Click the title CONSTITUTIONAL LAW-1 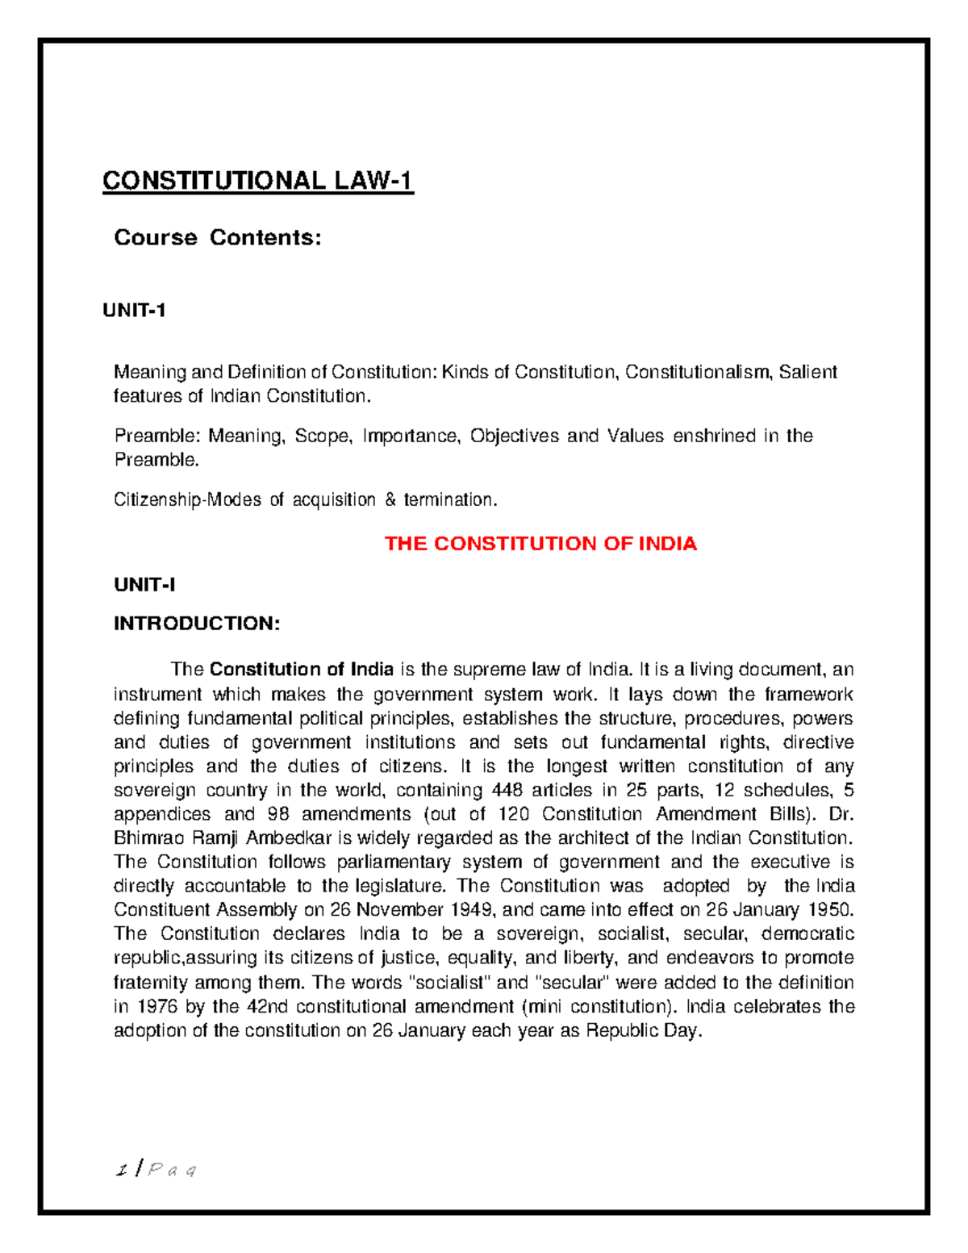[x=257, y=181]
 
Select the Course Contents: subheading [x=218, y=238]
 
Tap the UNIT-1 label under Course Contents [x=134, y=311]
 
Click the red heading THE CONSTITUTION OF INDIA [x=540, y=544]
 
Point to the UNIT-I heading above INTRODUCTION [x=144, y=585]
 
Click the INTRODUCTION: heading [x=197, y=624]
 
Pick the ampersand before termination [x=390, y=500]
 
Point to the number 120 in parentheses [x=513, y=814]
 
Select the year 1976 [x=156, y=1007]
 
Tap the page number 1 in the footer [x=122, y=1169]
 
